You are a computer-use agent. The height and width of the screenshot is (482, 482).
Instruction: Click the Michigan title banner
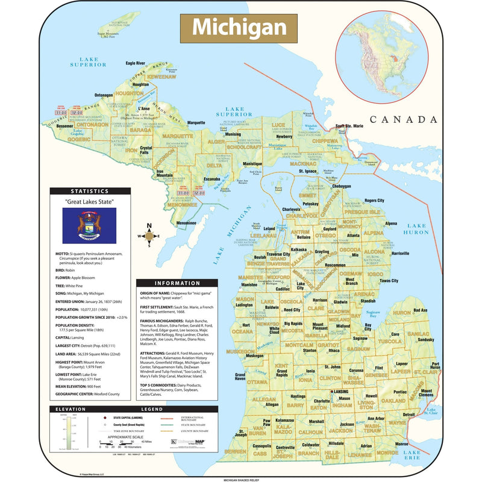coord(239,27)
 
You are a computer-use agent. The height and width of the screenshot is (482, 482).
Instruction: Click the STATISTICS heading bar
coord(89,191)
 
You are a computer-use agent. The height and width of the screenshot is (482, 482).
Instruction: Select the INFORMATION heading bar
coord(177,283)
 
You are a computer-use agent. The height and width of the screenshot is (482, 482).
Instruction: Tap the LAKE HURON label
coord(416,228)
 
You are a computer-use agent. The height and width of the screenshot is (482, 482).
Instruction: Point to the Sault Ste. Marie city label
coord(349,125)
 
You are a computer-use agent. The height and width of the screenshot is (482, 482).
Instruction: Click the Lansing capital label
coord(340,392)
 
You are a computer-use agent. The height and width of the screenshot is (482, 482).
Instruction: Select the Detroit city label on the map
coord(408,415)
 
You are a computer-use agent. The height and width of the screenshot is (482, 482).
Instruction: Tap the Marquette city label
coord(196,122)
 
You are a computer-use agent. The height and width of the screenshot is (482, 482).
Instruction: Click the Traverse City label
coord(278,254)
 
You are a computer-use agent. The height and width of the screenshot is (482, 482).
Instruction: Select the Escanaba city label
coord(211,179)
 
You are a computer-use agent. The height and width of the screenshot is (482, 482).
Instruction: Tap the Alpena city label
coord(391,223)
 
